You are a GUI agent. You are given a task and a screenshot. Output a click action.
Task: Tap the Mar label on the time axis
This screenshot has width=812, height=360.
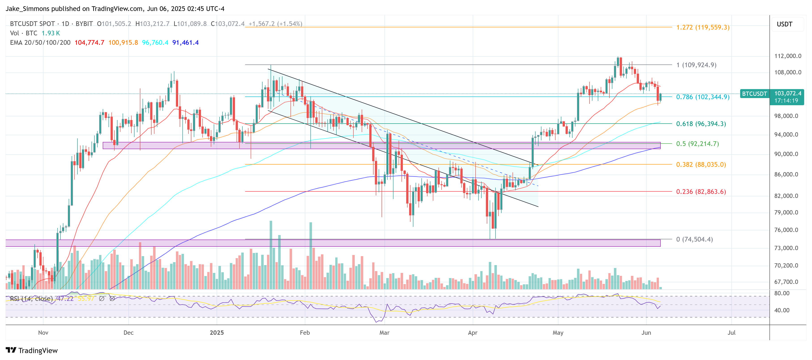[x=384, y=332]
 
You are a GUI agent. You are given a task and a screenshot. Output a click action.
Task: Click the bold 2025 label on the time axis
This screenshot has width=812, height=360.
[x=217, y=332]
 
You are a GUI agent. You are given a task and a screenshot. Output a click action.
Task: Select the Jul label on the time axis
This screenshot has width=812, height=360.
[x=731, y=332]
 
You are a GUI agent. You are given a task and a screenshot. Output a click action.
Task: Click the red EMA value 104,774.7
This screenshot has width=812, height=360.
[x=89, y=43]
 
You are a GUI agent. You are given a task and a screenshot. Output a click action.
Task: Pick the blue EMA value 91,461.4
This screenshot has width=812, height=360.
[x=185, y=43]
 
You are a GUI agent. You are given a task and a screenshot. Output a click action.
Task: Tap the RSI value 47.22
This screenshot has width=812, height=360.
[x=65, y=298]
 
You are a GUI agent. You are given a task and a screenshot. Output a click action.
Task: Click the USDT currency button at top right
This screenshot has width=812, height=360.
[x=784, y=24]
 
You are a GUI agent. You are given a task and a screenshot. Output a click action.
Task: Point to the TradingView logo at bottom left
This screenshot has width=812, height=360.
[x=32, y=350]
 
